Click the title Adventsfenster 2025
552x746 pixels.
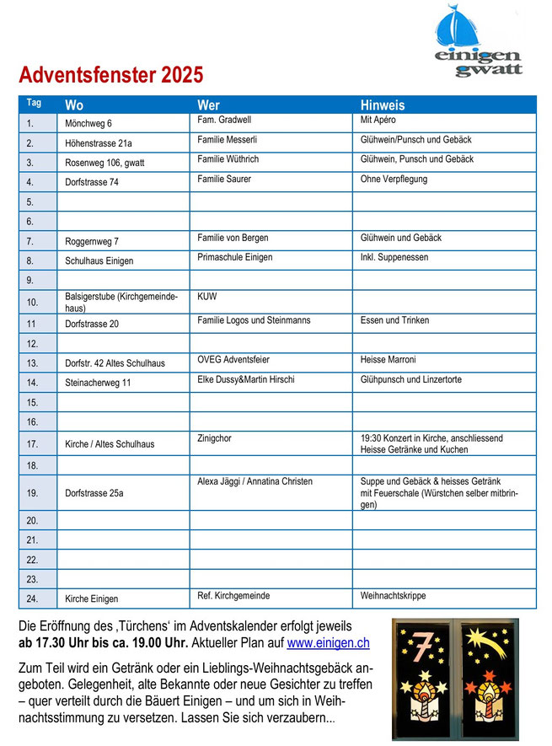point(111,75)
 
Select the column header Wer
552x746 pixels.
point(208,105)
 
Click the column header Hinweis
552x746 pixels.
point(383,105)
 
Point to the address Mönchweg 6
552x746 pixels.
point(88,124)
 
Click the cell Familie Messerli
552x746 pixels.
point(227,139)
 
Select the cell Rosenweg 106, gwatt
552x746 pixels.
point(105,163)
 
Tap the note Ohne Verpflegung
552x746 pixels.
point(394,179)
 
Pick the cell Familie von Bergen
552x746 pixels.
point(233,238)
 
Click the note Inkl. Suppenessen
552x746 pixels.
point(394,257)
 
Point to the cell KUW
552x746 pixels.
point(207,297)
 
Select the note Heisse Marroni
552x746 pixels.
point(389,360)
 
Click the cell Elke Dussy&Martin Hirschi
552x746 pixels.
point(245,379)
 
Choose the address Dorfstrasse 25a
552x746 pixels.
point(94,493)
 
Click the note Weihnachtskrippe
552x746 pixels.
point(394,595)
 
